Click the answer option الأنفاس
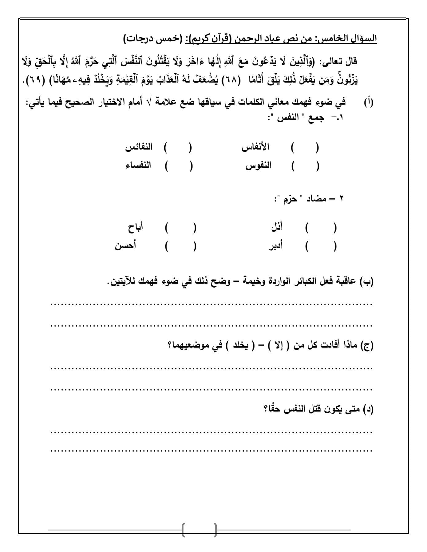255,147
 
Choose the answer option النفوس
258,166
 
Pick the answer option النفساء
138,166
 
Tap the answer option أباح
136,228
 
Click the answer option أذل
277,228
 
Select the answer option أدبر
276,246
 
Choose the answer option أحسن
126,246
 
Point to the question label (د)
367,409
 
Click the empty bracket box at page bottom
199,529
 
